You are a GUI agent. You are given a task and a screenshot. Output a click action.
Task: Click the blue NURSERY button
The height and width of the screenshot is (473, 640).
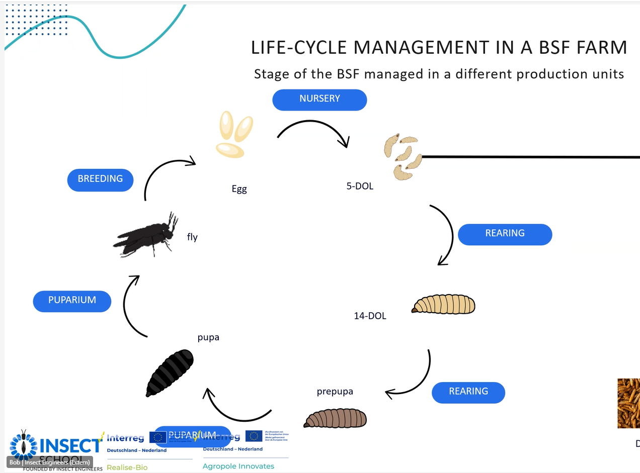pyautogui.click(x=319, y=100)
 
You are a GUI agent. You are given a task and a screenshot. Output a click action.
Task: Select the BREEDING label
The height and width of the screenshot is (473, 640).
pyautogui.click(x=100, y=179)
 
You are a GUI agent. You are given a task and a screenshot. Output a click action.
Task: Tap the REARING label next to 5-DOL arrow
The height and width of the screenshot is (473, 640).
pyautogui.click(x=505, y=234)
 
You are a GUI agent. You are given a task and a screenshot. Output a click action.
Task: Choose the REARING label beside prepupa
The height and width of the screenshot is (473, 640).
pyautogui.click(x=468, y=392)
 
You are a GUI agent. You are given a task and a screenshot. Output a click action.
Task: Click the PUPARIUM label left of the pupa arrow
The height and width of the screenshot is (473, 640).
pyautogui.click(x=72, y=301)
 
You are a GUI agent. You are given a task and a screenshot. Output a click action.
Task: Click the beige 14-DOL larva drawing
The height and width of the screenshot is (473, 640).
pyautogui.click(x=443, y=304)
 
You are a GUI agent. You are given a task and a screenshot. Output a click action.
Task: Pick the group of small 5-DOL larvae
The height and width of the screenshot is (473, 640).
pyautogui.click(x=403, y=156)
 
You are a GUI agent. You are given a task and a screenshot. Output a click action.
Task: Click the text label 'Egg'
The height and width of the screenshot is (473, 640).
pyautogui.click(x=239, y=190)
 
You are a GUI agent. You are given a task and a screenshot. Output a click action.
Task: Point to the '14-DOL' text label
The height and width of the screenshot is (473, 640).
pyautogui.click(x=370, y=316)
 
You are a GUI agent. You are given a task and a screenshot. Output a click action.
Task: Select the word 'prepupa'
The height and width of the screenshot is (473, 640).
pyautogui.click(x=335, y=392)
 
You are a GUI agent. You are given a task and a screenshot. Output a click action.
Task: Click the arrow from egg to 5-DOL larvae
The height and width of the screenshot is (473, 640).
pyautogui.click(x=314, y=130)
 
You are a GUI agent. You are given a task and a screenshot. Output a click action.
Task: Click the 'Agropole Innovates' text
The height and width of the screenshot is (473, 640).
pyautogui.click(x=238, y=466)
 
